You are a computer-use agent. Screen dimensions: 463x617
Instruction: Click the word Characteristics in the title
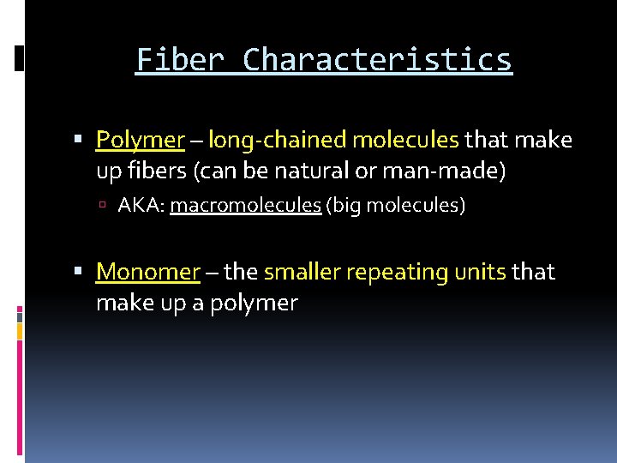pos(377,60)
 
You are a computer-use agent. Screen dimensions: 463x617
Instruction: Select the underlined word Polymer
pos(141,140)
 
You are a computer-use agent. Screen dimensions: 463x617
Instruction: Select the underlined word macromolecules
pos(245,207)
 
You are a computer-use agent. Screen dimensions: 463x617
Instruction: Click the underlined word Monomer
pos(147,272)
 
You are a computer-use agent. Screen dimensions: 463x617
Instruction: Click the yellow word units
pos(482,272)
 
